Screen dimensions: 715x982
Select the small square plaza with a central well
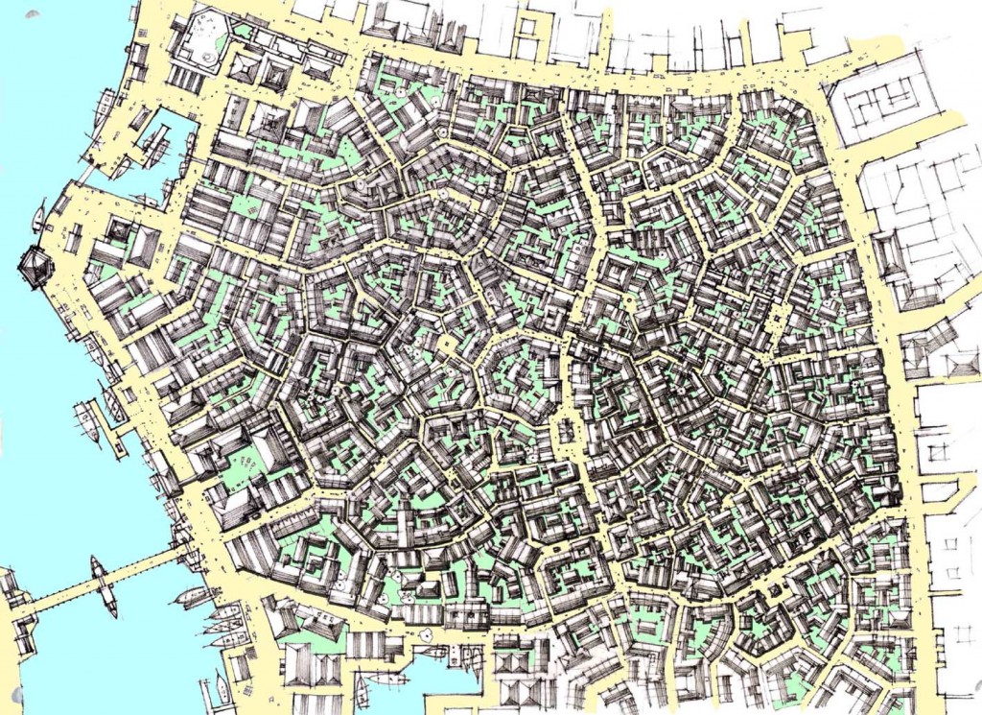pos(446,343)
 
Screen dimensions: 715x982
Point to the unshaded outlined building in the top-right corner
pos(882,106)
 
